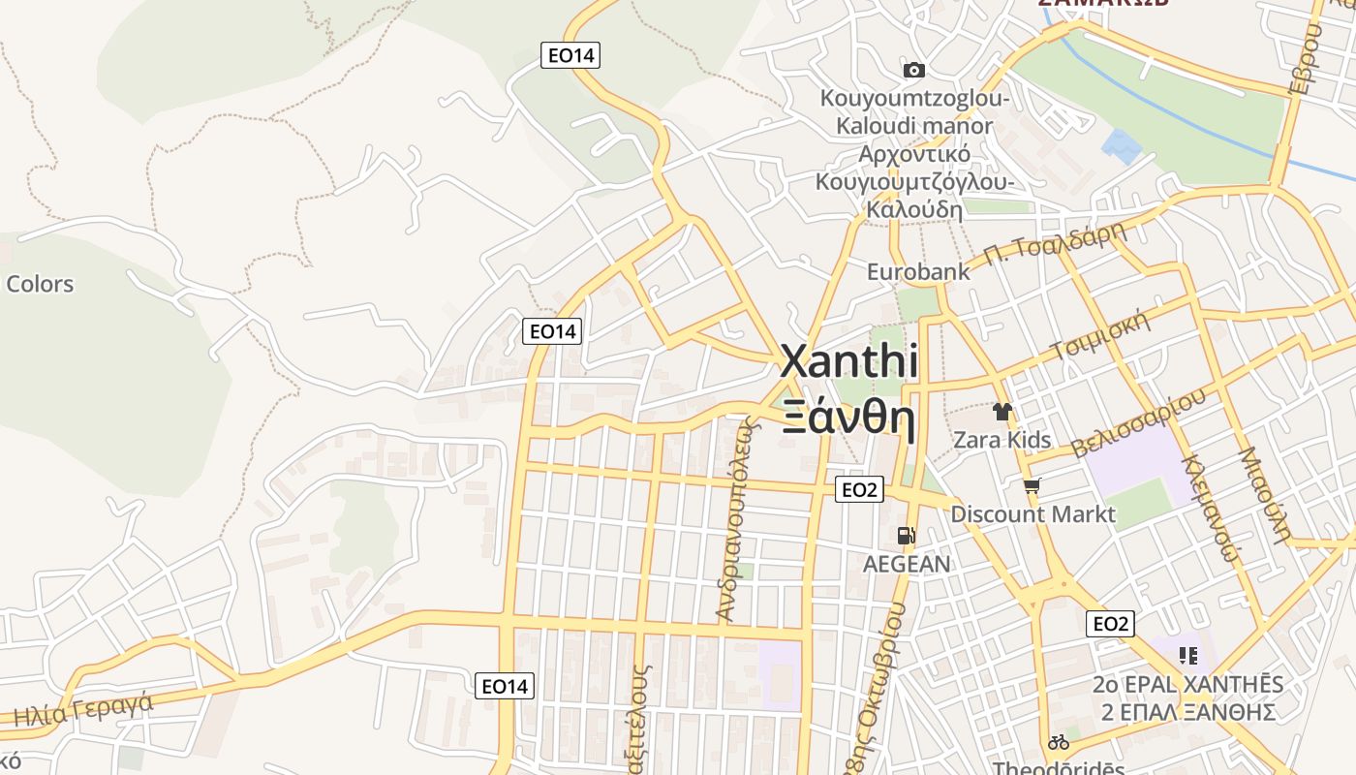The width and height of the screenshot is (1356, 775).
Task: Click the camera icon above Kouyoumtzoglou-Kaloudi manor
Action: tap(913, 70)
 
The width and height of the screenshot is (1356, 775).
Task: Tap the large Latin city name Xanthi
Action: tap(849, 361)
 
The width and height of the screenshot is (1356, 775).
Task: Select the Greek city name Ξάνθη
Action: tap(848, 418)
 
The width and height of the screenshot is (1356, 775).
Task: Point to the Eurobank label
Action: tap(918, 272)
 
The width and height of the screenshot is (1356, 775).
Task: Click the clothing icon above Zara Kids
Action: tap(1002, 412)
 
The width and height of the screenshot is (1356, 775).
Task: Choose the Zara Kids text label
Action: tap(1002, 440)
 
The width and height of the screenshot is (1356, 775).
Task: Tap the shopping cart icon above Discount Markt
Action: tap(1032, 485)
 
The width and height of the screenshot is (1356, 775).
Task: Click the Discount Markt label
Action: tap(1032, 513)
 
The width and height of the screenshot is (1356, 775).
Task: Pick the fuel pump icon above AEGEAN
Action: tap(907, 535)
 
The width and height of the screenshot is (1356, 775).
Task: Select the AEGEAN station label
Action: tap(907, 563)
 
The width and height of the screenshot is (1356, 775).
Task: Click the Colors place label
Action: tap(40, 284)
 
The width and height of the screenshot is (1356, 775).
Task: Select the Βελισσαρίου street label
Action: tap(1139, 422)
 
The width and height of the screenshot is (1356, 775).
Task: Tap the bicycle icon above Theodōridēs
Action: tap(1059, 743)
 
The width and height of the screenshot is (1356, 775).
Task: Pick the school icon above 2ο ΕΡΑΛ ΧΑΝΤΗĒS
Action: tap(1188, 656)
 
